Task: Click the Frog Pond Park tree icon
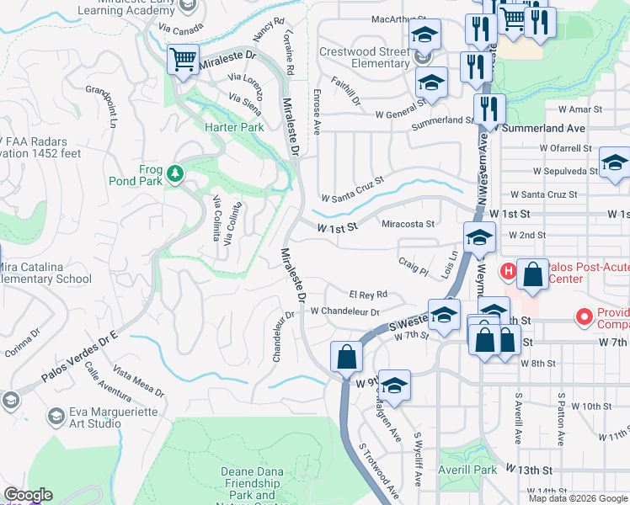[x=175, y=173]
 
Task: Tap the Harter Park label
[x=234, y=127]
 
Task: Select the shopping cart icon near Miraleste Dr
[x=183, y=60]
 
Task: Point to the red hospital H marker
[x=508, y=271]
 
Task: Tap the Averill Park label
[x=468, y=469]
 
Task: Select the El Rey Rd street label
[x=368, y=295]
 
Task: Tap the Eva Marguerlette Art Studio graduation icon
[x=56, y=416]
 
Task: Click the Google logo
[x=28, y=496]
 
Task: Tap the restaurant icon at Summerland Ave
[x=489, y=109]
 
